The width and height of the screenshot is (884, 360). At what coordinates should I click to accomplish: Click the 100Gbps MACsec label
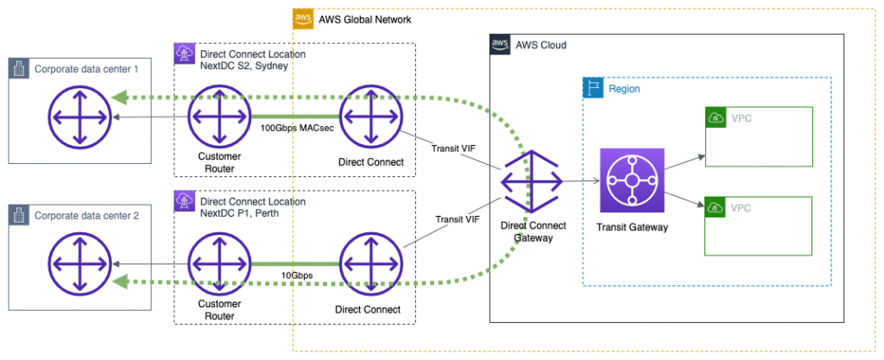point(294,128)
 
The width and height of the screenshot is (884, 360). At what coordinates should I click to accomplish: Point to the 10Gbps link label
point(294,275)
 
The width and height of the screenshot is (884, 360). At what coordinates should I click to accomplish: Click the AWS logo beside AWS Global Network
point(302,19)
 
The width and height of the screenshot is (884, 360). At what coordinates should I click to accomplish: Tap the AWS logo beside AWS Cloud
point(500,44)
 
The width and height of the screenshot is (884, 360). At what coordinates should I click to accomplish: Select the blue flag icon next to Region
point(593,88)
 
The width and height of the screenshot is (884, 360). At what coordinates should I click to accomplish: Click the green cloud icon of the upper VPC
point(716,117)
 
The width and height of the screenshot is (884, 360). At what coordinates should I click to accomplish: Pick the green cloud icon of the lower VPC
point(716,207)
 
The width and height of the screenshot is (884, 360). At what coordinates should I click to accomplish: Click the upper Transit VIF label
point(451,148)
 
